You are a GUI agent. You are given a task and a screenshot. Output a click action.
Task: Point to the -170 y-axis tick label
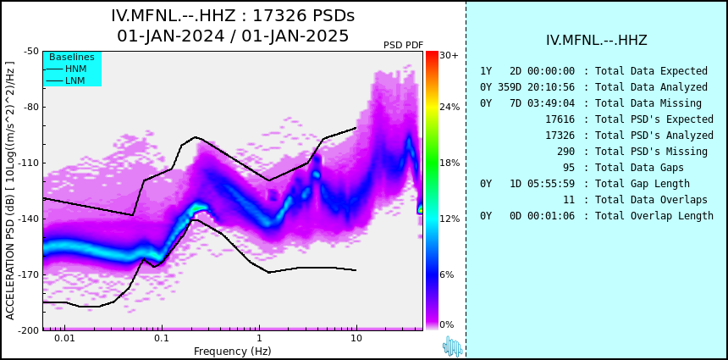pyautogui.click(x=28, y=274)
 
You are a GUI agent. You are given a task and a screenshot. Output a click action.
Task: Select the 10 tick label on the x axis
pyautogui.click(x=356, y=338)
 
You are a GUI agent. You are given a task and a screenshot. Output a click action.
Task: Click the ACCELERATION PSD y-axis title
pyautogui.click(x=10, y=191)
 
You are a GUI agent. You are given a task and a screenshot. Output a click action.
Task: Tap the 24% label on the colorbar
pyautogui.click(x=449, y=108)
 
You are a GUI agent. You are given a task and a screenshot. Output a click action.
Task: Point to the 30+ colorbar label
pyautogui.click(x=449, y=55)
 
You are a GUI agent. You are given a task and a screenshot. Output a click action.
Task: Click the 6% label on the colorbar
pyautogui.click(x=447, y=274)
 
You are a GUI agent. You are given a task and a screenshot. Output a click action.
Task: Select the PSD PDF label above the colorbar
pyautogui.click(x=404, y=45)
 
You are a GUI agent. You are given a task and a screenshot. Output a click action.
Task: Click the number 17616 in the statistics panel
pyautogui.click(x=560, y=119)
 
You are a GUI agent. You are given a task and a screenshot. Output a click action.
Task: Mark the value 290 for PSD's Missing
pyautogui.click(x=565, y=152)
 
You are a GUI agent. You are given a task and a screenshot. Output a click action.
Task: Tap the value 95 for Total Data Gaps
pyautogui.click(x=569, y=167)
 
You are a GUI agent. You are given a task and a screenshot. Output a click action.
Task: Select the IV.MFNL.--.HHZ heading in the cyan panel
pyautogui.click(x=596, y=41)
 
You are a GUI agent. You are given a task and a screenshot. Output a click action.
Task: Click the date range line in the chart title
pyautogui.click(x=233, y=36)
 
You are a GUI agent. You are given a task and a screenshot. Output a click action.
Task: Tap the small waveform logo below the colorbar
pyautogui.click(x=453, y=346)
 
